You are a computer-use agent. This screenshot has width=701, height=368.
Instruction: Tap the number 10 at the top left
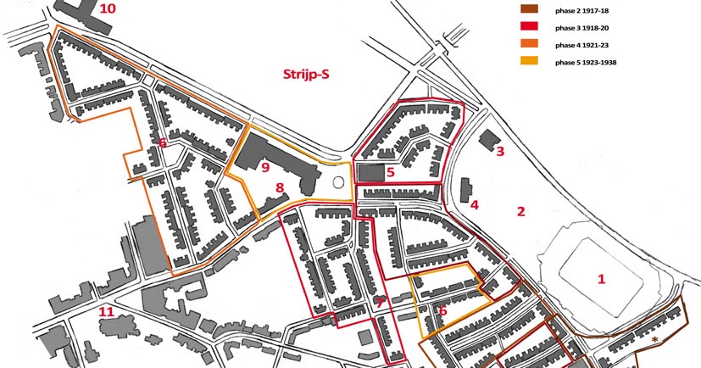coord(108,9)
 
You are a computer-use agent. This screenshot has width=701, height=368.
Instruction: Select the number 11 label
coord(106,312)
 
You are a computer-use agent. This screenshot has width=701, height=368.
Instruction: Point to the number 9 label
coord(265,168)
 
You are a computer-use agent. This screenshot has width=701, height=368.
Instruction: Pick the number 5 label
coord(391,172)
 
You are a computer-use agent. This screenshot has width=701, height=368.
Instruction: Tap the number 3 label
coord(500,152)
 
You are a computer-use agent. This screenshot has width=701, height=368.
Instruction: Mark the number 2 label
coord(521,211)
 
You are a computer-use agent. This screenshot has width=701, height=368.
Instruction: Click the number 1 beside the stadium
coord(603,278)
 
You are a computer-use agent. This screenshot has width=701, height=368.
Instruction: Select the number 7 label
coord(381,302)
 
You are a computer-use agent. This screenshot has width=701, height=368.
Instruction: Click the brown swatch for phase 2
coord(529,9)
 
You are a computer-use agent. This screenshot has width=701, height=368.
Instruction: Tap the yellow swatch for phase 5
coord(529,62)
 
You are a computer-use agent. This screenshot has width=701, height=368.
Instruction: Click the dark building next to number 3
coord(487,139)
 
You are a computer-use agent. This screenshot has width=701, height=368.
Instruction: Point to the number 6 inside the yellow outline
coord(442,311)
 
